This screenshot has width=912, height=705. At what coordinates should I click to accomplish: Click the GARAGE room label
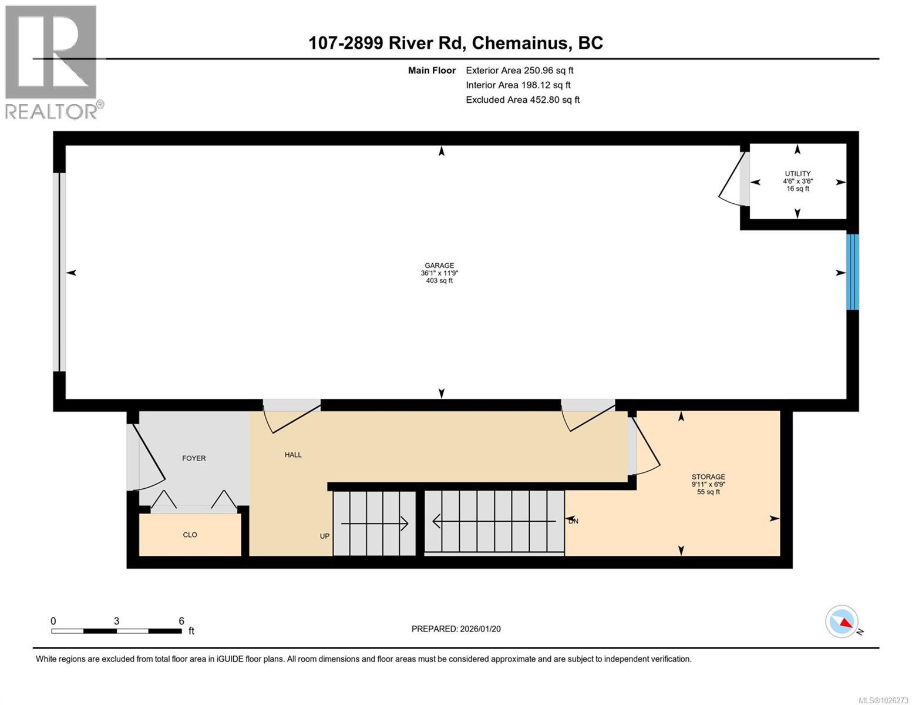tap(439, 266)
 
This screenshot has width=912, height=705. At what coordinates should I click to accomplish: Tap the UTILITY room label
tap(797, 174)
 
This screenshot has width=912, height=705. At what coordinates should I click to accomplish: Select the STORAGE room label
tap(708, 477)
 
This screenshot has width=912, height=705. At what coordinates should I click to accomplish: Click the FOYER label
tap(194, 458)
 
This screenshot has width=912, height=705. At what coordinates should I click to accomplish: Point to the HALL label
tap(293, 455)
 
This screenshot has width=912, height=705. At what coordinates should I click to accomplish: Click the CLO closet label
tap(190, 535)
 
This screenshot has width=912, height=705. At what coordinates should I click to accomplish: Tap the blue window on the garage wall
tap(852, 272)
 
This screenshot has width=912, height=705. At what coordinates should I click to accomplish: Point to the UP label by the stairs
tap(325, 536)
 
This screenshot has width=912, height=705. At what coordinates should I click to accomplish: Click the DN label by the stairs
tap(573, 521)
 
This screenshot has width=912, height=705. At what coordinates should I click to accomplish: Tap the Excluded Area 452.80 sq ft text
tap(523, 100)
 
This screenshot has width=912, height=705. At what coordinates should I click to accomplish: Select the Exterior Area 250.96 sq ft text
tap(519, 70)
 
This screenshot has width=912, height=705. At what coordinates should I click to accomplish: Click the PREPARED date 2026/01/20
tap(456, 629)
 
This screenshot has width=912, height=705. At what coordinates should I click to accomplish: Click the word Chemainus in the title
tap(520, 43)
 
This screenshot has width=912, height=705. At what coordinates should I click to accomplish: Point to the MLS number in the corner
tap(883, 700)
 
